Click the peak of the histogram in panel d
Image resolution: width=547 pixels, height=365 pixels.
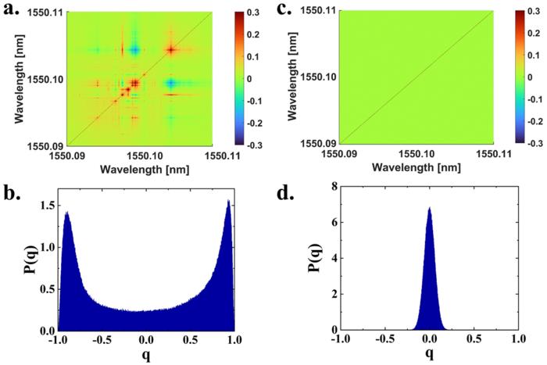pos(428,208)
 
